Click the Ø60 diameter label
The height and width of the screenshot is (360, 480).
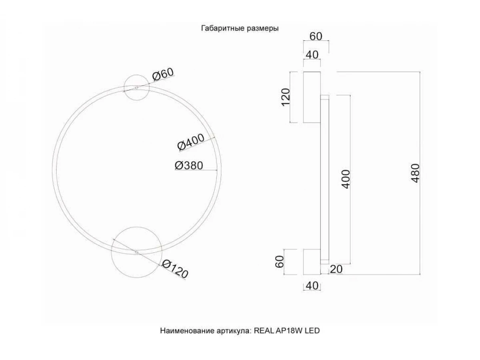click(x=163, y=74)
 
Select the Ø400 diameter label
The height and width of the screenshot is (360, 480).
click(x=191, y=142)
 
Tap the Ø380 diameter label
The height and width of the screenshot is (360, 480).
click(x=189, y=166)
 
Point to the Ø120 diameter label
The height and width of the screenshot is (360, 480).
click(x=175, y=269)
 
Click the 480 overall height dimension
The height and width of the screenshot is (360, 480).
click(x=415, y=173)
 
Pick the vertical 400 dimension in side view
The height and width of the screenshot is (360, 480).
click(x=346, y=179)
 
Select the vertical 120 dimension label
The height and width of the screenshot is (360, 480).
click(x=285, y=97)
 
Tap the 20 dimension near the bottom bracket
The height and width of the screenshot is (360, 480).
click(x=336, y=269)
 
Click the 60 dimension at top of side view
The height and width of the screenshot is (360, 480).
click(x=316, y=36)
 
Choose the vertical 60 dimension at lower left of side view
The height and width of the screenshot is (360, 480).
click(x=279, y=262)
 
